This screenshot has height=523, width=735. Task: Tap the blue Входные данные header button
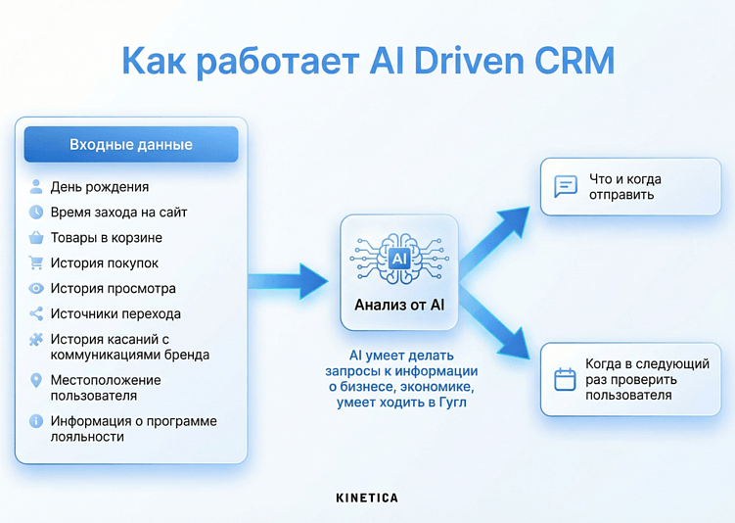point(131,145)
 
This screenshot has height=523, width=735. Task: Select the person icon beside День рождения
point(36,186)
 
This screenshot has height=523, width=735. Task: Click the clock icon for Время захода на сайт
point(36,212)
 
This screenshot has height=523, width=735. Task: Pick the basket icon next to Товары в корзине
point(36,237)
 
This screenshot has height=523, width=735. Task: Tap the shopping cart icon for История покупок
point(36,262)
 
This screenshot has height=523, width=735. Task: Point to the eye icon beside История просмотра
point(36,288)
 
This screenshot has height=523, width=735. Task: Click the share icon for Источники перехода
point(36,313)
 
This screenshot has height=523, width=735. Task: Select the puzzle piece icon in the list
point(36,340)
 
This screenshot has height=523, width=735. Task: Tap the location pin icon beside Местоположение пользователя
point(36,380)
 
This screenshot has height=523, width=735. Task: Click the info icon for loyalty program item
point(36,421)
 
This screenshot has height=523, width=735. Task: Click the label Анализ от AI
point(399,305)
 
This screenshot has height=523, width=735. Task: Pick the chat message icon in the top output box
point(566,186)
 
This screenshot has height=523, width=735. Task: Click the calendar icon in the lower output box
point(565,379)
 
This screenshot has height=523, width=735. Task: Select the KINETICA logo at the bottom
point(367,498)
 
